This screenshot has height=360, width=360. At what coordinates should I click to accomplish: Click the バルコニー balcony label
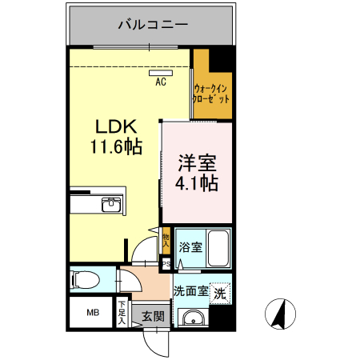tap(152, 24)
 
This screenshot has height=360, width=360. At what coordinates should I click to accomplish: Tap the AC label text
tap(160, 82)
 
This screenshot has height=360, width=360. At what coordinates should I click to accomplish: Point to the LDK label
tap(118, 126)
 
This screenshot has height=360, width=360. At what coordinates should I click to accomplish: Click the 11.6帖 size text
tap(118, 147)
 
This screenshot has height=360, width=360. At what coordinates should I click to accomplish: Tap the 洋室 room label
tap(197, 162)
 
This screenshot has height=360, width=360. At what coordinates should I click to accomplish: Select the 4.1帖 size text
tap(197, 183)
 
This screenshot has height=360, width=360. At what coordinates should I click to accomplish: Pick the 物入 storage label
tap(166, 237)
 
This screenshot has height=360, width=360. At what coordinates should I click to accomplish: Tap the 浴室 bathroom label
tap(190, 247)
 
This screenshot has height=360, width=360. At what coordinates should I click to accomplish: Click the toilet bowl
tap(83, 279)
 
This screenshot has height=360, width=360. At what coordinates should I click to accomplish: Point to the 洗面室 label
tap(191, 292)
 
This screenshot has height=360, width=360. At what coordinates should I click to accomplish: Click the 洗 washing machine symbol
tap(220, 294)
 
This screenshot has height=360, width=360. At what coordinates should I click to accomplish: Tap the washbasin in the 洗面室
tap(192, 318)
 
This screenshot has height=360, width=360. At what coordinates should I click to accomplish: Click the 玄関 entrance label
tap(153, 316)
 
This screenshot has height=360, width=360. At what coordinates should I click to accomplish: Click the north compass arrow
tap(280, 314)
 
